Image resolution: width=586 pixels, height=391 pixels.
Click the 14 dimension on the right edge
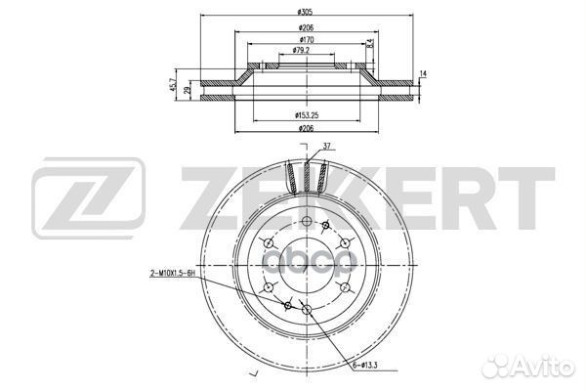[423, 73]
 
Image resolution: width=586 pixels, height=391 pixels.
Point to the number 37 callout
[328, 147]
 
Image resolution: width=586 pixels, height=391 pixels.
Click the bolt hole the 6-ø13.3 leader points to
[308, 311]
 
